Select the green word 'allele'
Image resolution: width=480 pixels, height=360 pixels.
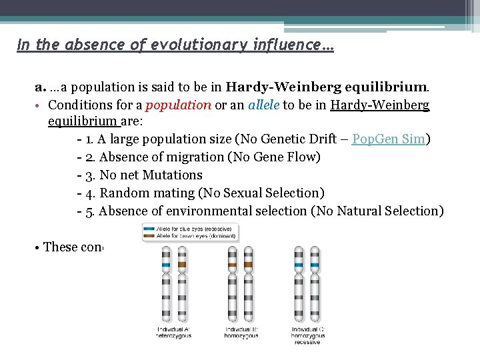(263, 105)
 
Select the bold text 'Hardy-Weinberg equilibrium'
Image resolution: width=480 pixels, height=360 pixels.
(327, 87)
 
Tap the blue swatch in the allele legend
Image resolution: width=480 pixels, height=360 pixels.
(147, 228)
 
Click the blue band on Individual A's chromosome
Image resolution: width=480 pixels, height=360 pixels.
(165, 265)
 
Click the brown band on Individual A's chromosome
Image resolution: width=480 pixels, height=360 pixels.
(182, 265)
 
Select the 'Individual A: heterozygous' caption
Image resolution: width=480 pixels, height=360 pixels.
(174, 333)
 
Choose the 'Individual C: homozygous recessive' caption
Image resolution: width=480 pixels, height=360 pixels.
(307, 335)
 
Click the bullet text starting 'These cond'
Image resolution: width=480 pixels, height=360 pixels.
(72, 247)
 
